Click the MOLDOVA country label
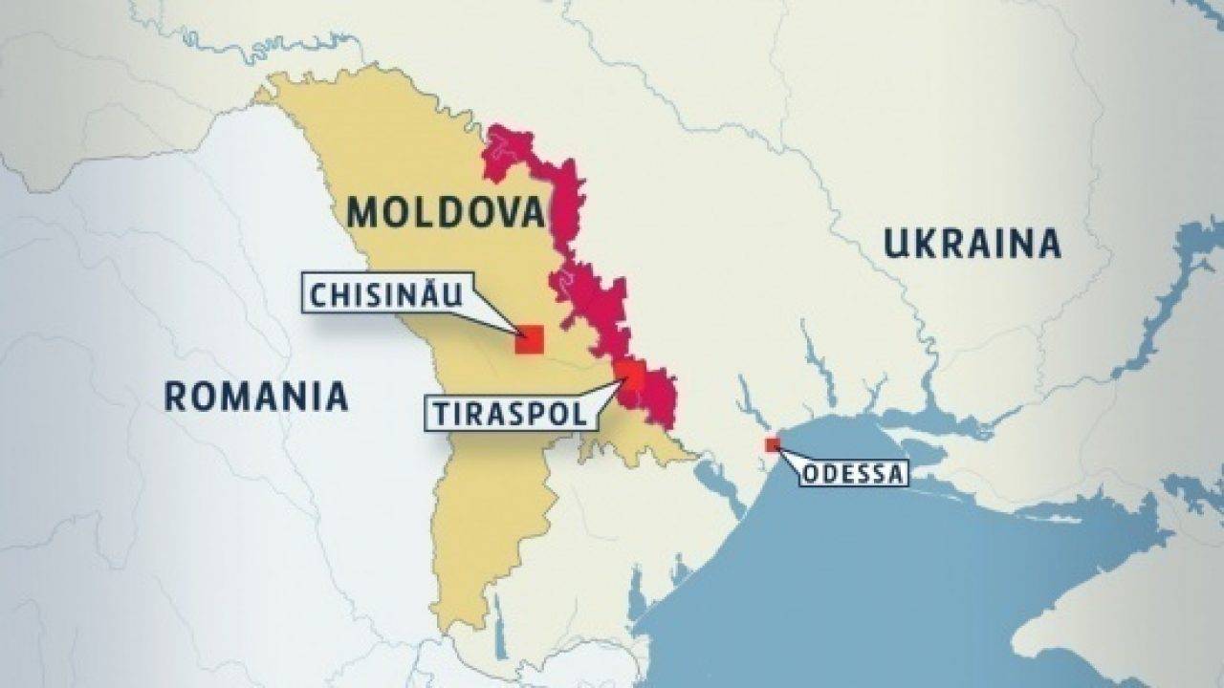tap(446, 212)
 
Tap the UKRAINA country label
tap(972, 244)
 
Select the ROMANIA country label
tap(256, 396)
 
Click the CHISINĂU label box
tap(383, 293)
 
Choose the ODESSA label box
tap(852, 473)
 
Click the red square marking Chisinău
tap(529, 339)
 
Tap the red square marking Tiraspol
tap(629, 374)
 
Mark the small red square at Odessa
tap(772, 444)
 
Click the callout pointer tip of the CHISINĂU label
tap(516, 332)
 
